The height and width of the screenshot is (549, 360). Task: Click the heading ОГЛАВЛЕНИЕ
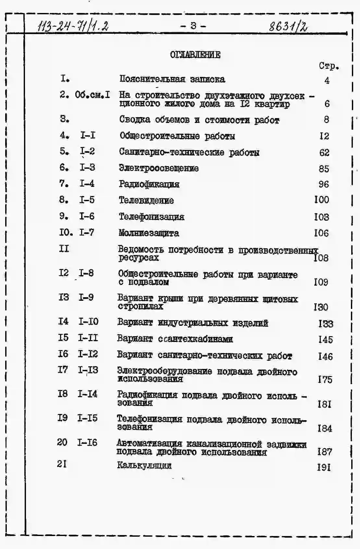pyautogui.click(x=195, y=55)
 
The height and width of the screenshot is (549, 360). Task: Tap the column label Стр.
pyautogui.click(x=329, y=66)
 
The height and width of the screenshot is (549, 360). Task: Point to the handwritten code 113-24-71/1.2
pyautogui.click(x=73, y=26)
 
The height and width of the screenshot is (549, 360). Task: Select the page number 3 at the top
pyautogui.click(x=193, y=26)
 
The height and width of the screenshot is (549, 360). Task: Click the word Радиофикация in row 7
pyautogui.click(x=149, y=184)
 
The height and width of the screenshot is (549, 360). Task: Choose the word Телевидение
pyautogui.click(x=146, y=201)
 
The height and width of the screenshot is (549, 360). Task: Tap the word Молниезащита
pyautogui.click(x=149, y=233)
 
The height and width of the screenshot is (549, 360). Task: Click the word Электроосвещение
pyautogui.click(x=158, y=168)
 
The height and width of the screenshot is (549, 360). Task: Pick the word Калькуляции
pyautogui.click(x=144, y=466)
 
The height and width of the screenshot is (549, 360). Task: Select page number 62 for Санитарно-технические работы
pyautogui.click(x=324, y=152)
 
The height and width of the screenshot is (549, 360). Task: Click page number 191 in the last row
pyautogui.click(x=324, y=467)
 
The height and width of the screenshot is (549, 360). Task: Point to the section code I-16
pyautogui.click(x=87, y=443)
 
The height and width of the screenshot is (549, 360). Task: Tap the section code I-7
pyautogui.click(x=87, y=232)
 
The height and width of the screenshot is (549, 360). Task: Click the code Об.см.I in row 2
pyautogui.click(x=92, y=95)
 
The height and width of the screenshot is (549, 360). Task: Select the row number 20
pyautogui.click(x=62, y=442)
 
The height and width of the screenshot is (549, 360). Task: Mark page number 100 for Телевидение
pyautogui.click(x=321, y=200)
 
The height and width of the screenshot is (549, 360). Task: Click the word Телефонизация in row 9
pyautogui.click(x=151, y=217)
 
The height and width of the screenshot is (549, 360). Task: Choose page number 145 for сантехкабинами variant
pyautogui.click(x=325, y=340)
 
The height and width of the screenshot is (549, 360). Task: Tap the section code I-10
pyautogui.click(x=88, y=322)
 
